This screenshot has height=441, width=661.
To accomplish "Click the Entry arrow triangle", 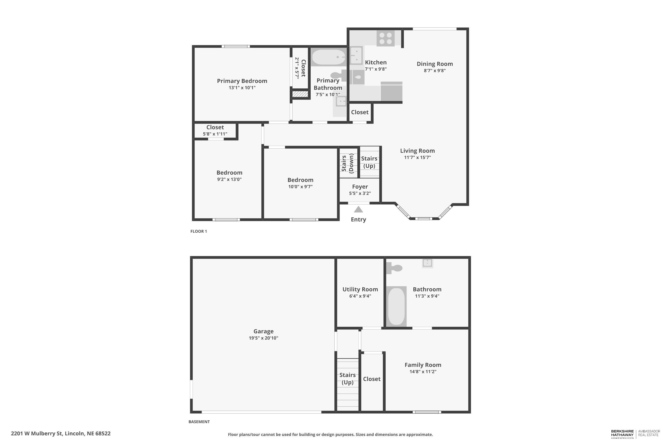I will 358,209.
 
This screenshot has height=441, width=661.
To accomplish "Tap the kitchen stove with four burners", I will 386,38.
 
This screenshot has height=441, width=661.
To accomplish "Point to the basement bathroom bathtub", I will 396,306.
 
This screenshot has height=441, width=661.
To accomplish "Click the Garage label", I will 263,331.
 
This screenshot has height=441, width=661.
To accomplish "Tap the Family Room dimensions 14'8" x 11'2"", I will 423,372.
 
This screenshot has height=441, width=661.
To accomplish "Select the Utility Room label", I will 360,289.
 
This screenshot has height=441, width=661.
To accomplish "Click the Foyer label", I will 360,187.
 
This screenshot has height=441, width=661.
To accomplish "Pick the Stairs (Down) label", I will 347,163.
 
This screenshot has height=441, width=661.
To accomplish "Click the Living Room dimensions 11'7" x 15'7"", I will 417,157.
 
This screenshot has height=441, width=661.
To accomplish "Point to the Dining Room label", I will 434,64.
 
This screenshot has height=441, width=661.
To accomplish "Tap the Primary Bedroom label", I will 242,81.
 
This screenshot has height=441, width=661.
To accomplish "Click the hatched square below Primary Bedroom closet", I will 300,94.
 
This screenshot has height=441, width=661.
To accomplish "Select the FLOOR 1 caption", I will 199,231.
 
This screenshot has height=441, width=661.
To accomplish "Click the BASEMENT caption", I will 199,422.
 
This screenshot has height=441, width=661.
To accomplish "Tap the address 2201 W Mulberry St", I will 61,434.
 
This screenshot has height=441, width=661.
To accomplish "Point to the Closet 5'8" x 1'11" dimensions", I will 215,134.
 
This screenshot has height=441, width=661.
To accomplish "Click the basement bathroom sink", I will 427,263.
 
